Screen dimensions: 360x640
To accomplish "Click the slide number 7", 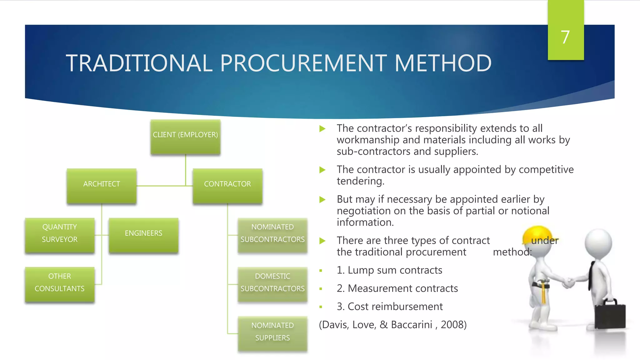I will [565, 37].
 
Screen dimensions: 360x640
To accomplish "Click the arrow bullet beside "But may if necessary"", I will [322, 200].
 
